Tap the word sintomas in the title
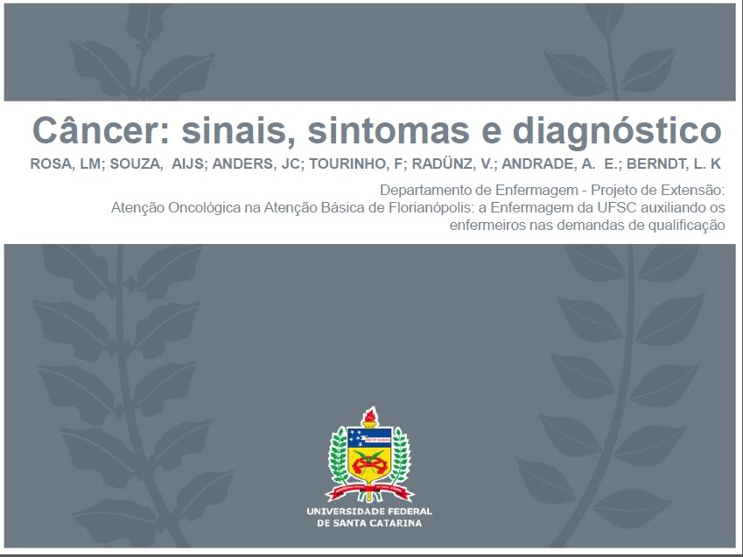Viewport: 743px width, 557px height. pos(389,131)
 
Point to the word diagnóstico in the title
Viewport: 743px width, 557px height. pos(617,132)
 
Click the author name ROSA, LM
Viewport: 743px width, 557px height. pos(66,164)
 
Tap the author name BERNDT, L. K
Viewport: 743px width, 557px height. pos(673,164)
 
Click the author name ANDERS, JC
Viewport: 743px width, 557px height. pos(256,164)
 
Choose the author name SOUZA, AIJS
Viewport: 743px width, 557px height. pos(157,164)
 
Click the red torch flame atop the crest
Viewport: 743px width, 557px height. pos(369,415)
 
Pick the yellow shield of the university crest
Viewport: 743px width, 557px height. pos(369,463)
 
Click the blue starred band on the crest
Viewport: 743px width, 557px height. pos(369,436)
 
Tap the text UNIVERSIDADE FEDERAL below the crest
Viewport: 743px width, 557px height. pos(369,512)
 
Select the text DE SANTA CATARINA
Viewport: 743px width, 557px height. pos(369,524)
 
